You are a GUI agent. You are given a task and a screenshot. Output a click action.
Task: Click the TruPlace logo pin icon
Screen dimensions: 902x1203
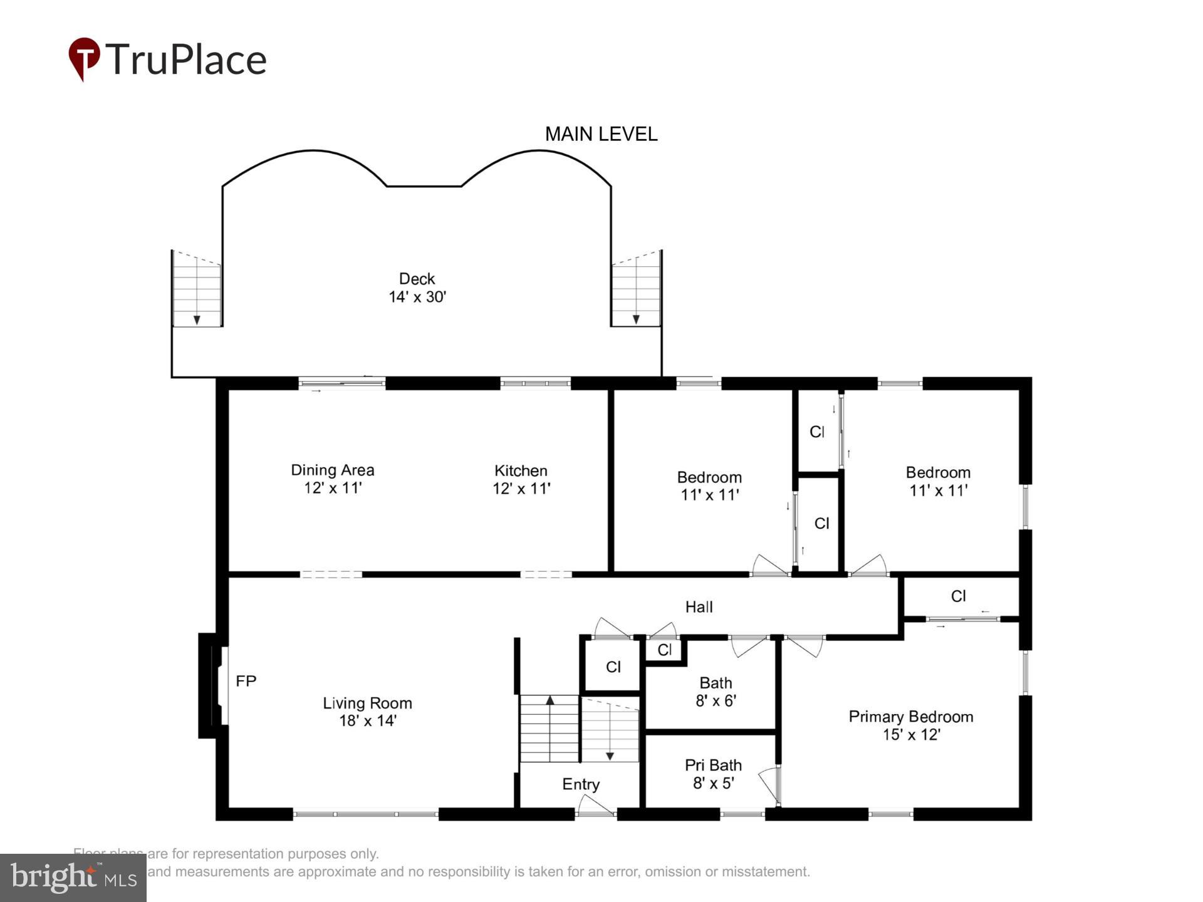(x=84, y=58)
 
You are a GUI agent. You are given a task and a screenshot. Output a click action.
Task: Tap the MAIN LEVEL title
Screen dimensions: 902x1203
(x=601, y=134)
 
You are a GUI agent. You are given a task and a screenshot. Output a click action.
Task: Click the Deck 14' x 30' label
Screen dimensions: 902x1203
(x=417, y=288)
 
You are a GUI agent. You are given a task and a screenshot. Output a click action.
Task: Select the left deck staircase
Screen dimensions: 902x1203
(x=197, y=289)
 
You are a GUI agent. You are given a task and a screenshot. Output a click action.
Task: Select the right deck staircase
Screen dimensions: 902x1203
(x=636, y=289)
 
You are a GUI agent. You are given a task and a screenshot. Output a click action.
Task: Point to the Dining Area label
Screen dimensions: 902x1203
(x=333, y=470)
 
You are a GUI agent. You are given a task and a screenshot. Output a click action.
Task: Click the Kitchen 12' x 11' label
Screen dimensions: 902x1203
(x=521, y=480)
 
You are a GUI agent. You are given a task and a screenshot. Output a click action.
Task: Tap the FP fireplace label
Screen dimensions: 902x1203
(x=246, y=681)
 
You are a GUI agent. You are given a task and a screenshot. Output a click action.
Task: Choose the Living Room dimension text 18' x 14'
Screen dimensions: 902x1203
(x=368, y=721)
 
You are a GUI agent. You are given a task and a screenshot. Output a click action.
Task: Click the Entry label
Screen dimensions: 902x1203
(x=581, y=784)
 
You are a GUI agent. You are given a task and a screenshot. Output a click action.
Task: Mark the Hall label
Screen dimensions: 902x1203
(x=699, y=607)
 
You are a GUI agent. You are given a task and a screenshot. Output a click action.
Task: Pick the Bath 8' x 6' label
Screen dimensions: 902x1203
(x=716, y=692)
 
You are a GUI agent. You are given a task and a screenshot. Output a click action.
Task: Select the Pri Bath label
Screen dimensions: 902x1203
(x=713, y=765)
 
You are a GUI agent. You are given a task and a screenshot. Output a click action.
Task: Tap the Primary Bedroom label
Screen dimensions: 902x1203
(x=910, y=717)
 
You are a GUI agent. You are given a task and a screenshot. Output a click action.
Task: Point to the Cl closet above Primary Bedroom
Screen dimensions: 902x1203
(x=958, y=596)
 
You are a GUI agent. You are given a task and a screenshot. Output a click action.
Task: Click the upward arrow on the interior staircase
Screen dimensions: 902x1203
(x=550, y=700)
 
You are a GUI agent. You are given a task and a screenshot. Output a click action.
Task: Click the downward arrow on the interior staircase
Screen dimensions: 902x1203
(x=610, y=756)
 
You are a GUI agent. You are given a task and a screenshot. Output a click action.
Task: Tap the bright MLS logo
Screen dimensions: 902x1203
(x=73, y=878)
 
